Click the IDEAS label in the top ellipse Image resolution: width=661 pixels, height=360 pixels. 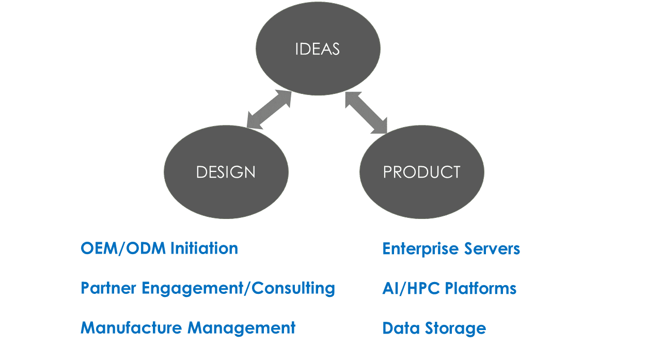pyautogui.click(x=318, y=49)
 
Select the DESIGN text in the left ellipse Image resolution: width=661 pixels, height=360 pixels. pyautogui.click(x=226, y=172)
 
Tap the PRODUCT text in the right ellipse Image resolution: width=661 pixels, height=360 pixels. pyautogui.click(x=422, y=172)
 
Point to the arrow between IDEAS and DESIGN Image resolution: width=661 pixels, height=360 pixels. pyautogui.click(x=269, y=109)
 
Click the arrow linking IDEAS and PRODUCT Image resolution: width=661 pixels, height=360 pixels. pyautogui.click(x=366, y=113)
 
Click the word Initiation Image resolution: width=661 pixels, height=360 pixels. pyautogui.click(x=204, y=248)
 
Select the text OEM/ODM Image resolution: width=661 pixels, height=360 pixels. pyautogui.click(x=123, y=248)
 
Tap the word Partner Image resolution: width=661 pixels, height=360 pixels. pyautogui.click(x=108, y=288)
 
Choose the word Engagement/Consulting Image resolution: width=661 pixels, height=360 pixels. pyautogui.click(x=239, y=288)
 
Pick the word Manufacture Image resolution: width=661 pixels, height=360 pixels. pyautogui.click(x=131, y=327)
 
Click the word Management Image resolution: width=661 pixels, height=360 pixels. pyautogui.click(x=241, y=328)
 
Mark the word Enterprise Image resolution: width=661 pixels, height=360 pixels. pyautogui.click(x=420, y=249)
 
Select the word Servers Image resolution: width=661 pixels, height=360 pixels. pyautogui.click(x=492, y=248)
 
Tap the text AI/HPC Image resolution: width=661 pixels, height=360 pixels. pyautogui.click(x=411, y=288)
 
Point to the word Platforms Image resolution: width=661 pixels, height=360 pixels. pyautogui.click(x=480, y=288)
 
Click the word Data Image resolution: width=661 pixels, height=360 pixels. pyautogui.click(x=401, y=328)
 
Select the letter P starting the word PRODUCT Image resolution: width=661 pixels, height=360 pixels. pyautogui.click(x=388, y=172)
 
